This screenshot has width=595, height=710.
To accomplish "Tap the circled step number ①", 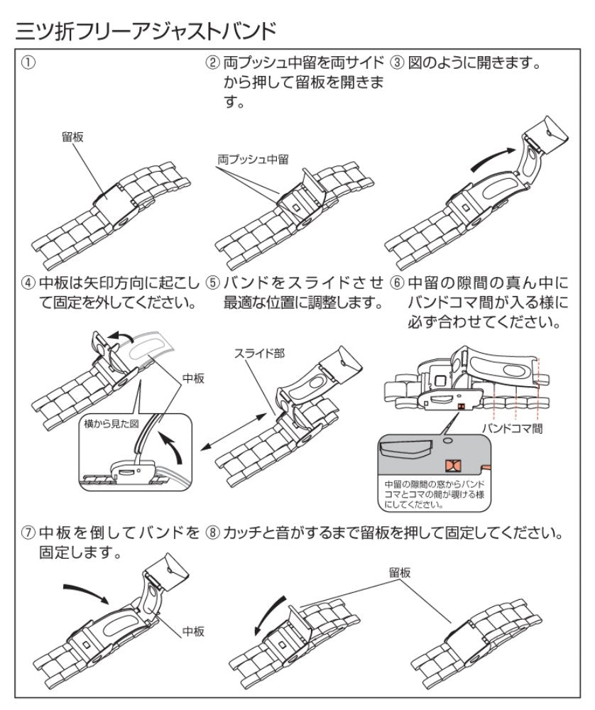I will click(x=27, y=62).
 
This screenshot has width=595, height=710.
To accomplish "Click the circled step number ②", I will click(x=212, y=62).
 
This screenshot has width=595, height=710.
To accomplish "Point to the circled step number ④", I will click(x=27, y=282).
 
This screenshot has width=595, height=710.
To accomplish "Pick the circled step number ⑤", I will click(x=212, y=282).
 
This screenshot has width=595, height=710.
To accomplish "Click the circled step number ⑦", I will click(x=27, y=532).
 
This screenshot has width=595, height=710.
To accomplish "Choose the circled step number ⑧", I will click(x=212, y=532).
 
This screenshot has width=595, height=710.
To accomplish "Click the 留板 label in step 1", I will click(x=72, y=137).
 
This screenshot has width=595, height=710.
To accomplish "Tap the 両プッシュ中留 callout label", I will click(x=252, y=161).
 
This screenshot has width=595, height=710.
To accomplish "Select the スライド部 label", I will click(x=260, y=353).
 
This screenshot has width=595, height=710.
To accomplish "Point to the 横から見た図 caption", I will click(x=109, y=423).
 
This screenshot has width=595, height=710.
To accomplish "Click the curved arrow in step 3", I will click(x=491, y=158).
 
